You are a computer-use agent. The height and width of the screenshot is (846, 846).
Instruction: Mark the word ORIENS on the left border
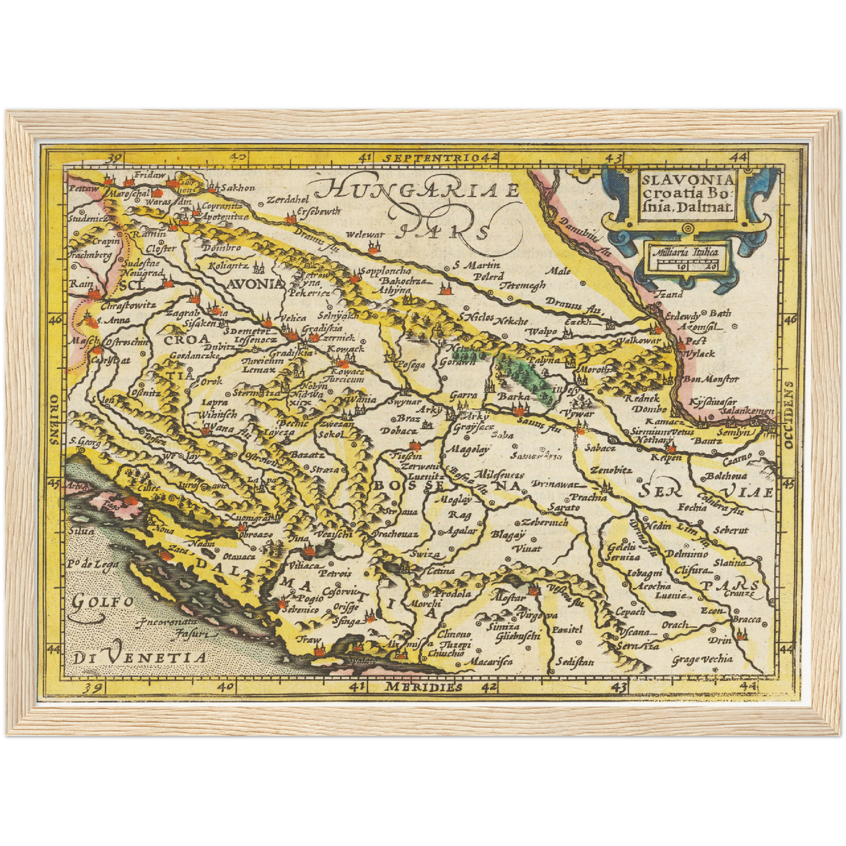pos(54,419)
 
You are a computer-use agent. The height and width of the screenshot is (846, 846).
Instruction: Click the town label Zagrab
pos(179,313)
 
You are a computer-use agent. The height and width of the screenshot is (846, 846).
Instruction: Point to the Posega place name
pos(410,365)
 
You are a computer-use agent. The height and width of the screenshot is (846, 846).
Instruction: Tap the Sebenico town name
pos(301,610)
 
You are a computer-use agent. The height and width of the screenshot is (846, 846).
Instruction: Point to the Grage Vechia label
pos(702,660)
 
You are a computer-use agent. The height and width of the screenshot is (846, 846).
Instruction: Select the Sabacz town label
pos(598,447)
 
